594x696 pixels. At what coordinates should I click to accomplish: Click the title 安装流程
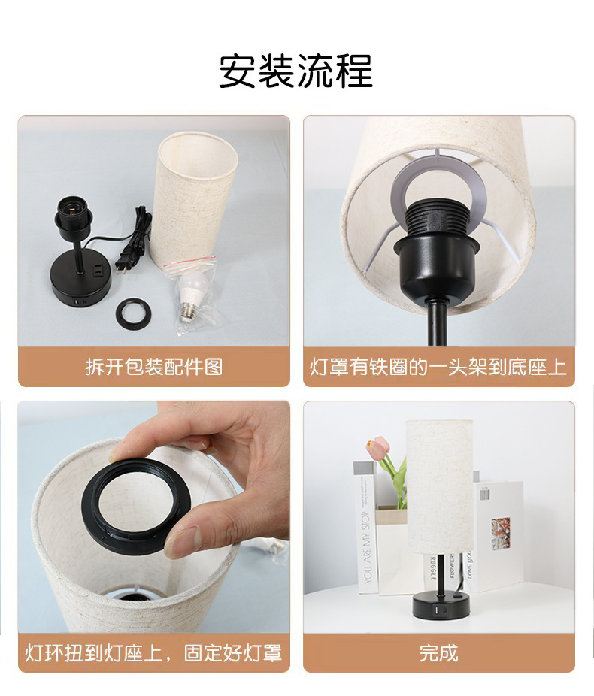click(x=296, y=71)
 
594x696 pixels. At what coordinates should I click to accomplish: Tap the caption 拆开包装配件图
click(x=153, y=367)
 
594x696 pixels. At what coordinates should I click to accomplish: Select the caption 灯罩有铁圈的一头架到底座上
click(x=438, y=367)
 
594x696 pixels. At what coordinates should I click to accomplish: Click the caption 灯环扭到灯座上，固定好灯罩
click(x=153, y=652)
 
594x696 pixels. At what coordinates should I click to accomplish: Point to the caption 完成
click(x=438, y=652)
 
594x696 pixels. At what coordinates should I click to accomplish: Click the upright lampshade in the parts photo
click(x=195, y=199)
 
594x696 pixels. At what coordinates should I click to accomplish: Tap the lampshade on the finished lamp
click(x=439, y=485)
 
